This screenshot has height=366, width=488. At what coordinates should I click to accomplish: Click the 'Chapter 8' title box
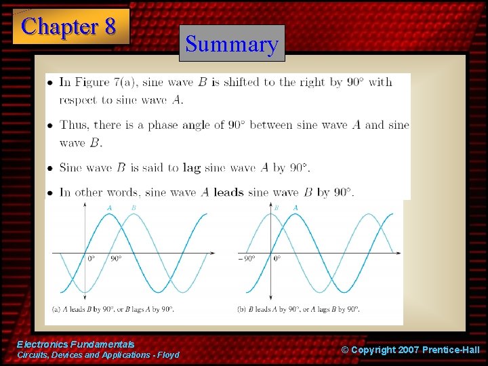70,26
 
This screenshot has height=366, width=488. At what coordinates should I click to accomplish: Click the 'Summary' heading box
232,44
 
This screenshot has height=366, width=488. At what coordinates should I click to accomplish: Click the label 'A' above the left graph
110,207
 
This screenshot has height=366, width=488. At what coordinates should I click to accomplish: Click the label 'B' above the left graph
134,207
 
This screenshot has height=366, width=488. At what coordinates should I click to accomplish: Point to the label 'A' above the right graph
296,207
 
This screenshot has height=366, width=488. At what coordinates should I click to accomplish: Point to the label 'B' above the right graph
276,207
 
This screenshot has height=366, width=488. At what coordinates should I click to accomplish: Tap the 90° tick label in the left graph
116,259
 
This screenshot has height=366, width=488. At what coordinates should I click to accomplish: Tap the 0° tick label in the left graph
91,259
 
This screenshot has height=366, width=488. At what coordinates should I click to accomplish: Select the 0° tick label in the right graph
277,259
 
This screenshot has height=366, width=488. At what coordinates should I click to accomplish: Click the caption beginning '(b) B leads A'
299,309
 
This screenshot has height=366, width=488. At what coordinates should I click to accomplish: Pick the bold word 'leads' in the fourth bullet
228,192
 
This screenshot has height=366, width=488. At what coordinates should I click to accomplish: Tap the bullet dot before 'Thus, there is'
51,125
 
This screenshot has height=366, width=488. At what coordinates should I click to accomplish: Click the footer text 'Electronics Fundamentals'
76,344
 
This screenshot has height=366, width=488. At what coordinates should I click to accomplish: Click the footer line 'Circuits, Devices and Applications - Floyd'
98,355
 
